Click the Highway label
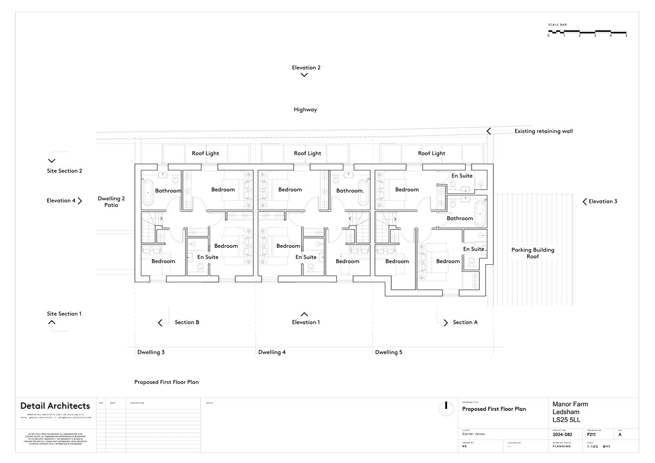point(305,110)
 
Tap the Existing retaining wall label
point(543,131)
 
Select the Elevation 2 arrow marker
point(305,75)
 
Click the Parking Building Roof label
point(533,253)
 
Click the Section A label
point(465,323)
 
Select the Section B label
point(187,323)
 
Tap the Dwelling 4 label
point(272,353)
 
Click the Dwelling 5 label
point(389,353)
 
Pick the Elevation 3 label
point(603,201)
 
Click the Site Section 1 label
point(64,314)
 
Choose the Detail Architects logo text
point(55,406)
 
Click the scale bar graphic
point(587,32)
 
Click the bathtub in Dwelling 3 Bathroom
point(147,191)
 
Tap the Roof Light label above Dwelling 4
point(307,153)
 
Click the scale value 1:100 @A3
point(598,447)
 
